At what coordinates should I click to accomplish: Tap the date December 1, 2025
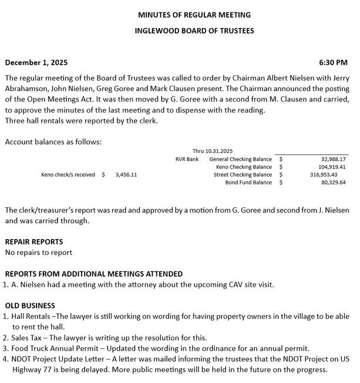[x=36, y=62]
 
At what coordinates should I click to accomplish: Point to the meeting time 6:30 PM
[x=333, y=62]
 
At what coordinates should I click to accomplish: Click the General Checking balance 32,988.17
[x=333, y=159]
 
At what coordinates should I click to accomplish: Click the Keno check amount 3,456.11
[x=126, y=174]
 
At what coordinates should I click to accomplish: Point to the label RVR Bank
[x=187, y=159]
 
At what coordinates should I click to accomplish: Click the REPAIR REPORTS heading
[x=33, y=241]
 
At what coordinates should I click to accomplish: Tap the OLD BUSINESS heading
[x=30, y=305]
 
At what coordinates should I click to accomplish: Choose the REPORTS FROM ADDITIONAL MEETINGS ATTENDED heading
[x=93, y=274]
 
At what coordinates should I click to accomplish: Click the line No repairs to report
[x=38, y=253]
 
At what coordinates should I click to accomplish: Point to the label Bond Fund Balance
[x=248, y=182]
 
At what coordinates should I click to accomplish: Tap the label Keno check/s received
[x=68, y=174]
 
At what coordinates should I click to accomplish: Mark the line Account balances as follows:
[x=45, y=142]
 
